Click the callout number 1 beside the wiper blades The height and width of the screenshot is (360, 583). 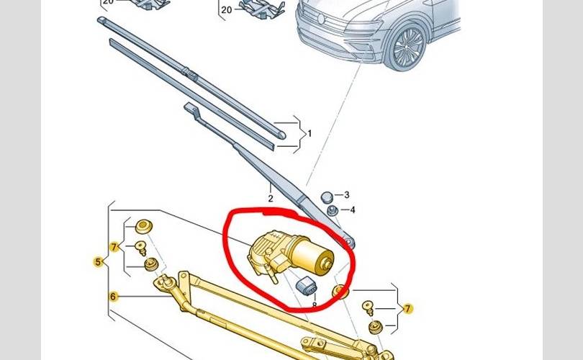point(309,133)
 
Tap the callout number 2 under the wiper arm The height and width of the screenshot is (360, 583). point(271,199)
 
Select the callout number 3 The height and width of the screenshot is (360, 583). point(346,195)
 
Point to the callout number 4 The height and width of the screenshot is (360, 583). point(352,210)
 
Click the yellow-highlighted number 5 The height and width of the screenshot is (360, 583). point(98,262)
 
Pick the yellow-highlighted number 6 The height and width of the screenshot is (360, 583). point(113,297)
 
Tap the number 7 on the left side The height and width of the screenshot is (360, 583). point(114,246)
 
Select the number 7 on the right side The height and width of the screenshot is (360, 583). point(408,308)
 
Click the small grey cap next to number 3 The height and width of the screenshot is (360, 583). point(327,197)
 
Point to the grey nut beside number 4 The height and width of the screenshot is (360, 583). point(332,211)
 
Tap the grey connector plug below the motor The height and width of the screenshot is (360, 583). point(307,287)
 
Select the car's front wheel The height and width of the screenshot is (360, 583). point(408,48)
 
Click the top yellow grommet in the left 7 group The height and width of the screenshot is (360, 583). point(143,227)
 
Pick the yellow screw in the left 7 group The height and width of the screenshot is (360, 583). point(141,248)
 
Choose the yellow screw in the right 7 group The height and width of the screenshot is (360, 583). point(368,309)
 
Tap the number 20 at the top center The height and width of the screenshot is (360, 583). point(226,10)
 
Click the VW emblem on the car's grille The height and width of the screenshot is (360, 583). point(321,19)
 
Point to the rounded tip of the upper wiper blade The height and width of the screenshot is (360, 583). point(283,135)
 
